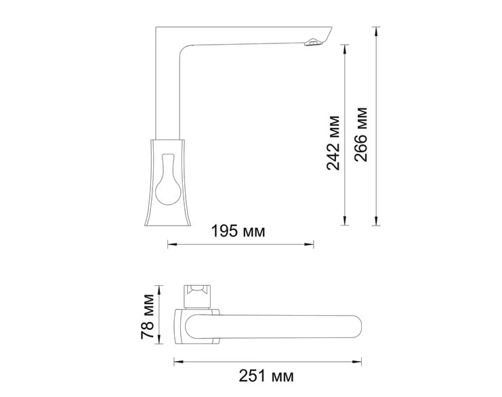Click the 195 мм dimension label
237,232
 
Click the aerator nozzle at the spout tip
312,44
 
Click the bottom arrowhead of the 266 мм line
377,224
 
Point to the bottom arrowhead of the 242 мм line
346,224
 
